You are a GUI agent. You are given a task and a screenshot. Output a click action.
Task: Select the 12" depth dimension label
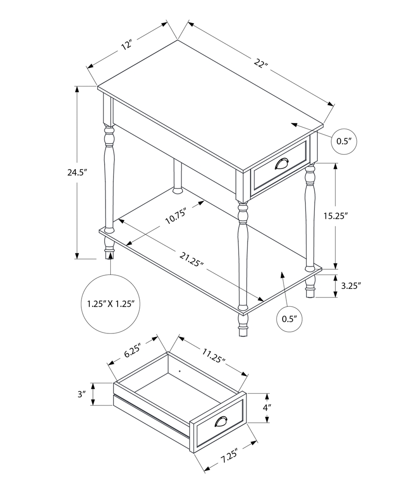(127, 45)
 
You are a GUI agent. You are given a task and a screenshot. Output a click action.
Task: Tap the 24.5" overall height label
(78, 172)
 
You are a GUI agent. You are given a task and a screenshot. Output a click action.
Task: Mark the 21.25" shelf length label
(191, 260)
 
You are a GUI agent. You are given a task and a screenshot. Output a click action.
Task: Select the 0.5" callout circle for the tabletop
(344, 141)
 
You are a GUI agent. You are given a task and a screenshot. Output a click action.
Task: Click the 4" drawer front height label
(267, 408)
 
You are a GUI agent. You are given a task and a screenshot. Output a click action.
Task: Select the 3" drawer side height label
(82, 394)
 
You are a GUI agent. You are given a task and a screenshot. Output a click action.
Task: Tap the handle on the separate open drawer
(221, 422)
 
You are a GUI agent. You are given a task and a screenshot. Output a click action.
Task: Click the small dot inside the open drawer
(180, 372)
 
